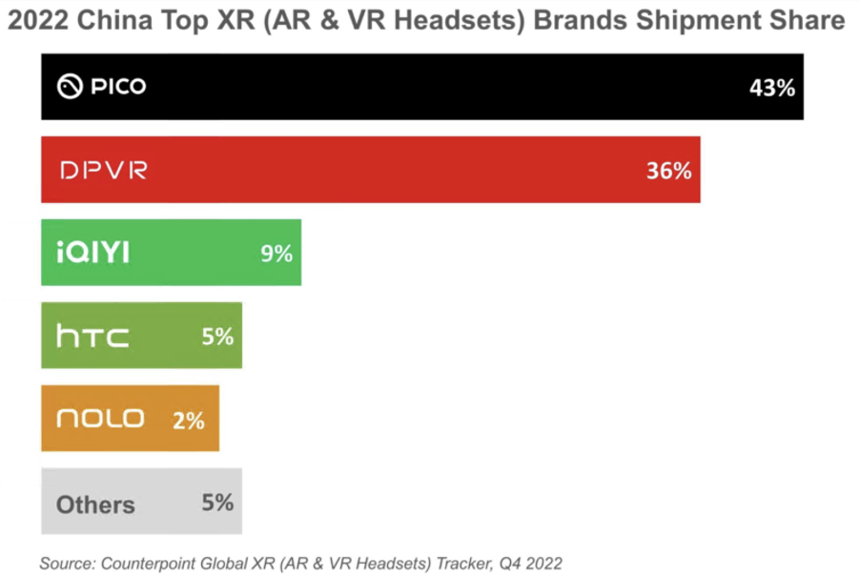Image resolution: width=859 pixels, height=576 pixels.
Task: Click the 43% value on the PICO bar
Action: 772,89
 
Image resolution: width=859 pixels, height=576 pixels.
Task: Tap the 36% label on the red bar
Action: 668,172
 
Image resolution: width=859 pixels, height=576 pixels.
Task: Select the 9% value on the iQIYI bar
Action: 276,254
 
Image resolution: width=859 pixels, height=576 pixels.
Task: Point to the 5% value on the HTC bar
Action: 217,336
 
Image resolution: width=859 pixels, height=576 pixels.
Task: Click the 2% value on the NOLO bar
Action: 189,420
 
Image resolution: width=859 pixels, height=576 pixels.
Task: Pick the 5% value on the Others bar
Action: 217,503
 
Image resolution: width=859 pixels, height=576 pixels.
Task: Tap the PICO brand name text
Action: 118,88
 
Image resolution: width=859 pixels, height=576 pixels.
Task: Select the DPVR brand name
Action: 103,172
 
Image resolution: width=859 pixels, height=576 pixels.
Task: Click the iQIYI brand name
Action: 92,254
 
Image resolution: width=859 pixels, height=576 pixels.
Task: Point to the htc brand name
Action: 92,336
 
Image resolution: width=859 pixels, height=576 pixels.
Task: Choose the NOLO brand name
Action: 100,419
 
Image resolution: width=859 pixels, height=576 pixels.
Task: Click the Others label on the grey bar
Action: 95,504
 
